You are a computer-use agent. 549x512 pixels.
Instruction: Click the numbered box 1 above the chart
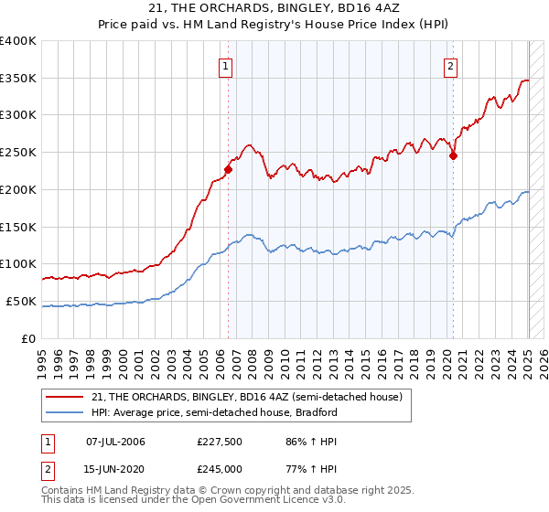[x=225, y=65]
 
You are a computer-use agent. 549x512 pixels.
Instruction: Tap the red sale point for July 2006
[x=228, y=168]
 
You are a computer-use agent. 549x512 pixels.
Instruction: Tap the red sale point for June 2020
[x=453, y=155]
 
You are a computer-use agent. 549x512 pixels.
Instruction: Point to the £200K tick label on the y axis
[x=18, y=189]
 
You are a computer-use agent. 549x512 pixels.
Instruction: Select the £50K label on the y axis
[x=21, y=301]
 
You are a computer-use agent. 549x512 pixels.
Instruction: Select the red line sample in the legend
[x=65, y=397]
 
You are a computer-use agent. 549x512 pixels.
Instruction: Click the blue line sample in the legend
[x=65, y=412]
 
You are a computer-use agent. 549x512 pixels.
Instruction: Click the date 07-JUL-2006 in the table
[x=114, y=442]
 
